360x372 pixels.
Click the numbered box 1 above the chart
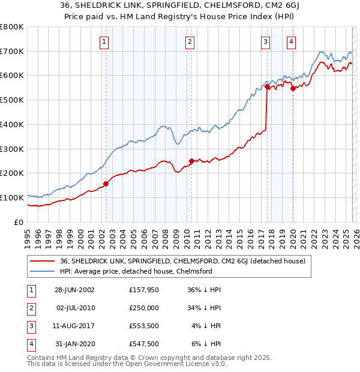tap(104, 41)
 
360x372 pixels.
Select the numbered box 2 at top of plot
tap(190, 41)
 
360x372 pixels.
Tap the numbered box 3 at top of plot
tap(265, 41)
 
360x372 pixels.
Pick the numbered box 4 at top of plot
tap(291, 41)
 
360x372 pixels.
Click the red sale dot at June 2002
tap(106, 184)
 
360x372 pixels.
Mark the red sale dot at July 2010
tap(191, 161)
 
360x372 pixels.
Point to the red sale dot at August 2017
tap(267, 87)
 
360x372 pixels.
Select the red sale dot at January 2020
tap(293, 89)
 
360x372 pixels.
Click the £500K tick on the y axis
tap(12, 100)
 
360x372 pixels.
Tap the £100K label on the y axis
tap(12, 197)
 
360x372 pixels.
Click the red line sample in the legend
tap(43, 261)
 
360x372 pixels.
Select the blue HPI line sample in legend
tap(43, 271)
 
